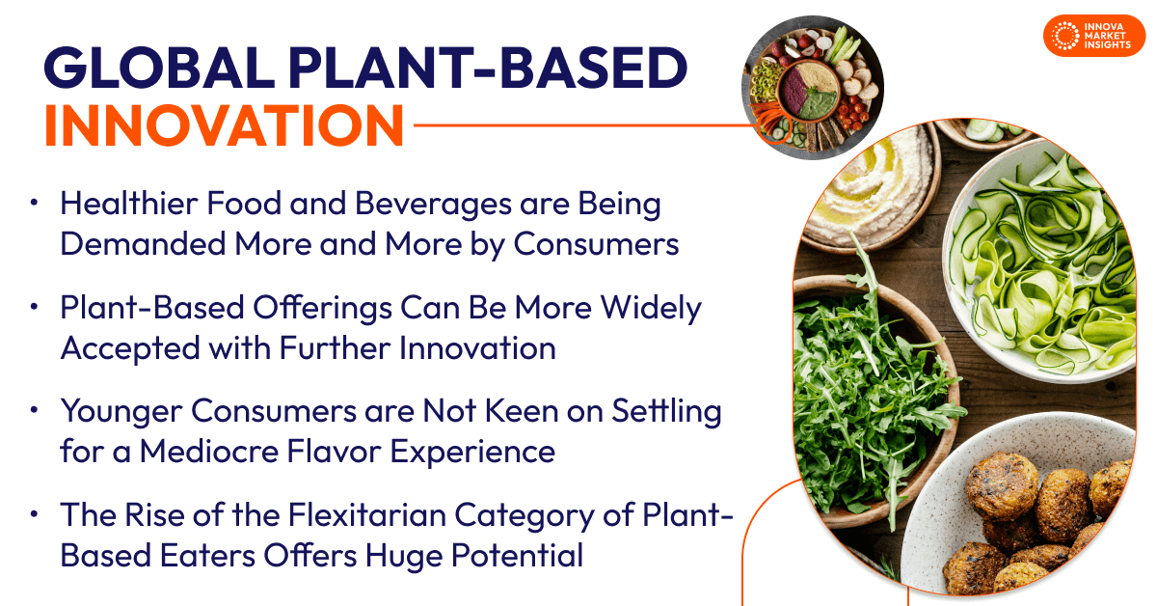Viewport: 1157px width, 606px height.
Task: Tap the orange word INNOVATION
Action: point(224,125)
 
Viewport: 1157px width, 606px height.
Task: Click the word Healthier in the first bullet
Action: point(122,205)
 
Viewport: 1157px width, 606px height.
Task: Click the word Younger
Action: point(121,412)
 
